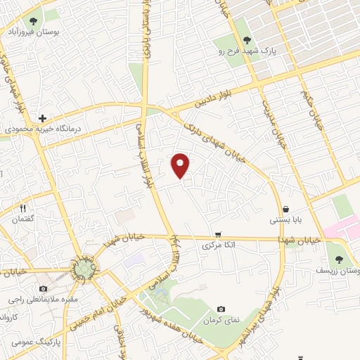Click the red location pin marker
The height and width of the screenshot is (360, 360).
(181, 165)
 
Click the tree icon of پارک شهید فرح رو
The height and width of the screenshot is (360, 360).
(247, 41)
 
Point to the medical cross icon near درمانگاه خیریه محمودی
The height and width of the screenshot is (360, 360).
(42, 118)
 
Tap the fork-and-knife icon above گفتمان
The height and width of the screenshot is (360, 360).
(22, 208)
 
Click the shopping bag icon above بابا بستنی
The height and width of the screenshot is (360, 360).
(286, 209)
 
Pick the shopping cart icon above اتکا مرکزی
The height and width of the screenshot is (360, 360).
(219, 234)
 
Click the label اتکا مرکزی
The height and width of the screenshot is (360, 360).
(218, 245)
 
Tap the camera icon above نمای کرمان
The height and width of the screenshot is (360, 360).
(221, 309)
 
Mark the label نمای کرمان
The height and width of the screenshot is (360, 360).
(225, 320)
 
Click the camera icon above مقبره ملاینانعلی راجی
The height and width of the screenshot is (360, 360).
(44, 288)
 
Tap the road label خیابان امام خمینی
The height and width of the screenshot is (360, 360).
(96, 314)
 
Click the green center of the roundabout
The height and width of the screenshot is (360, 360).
(84, 269)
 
